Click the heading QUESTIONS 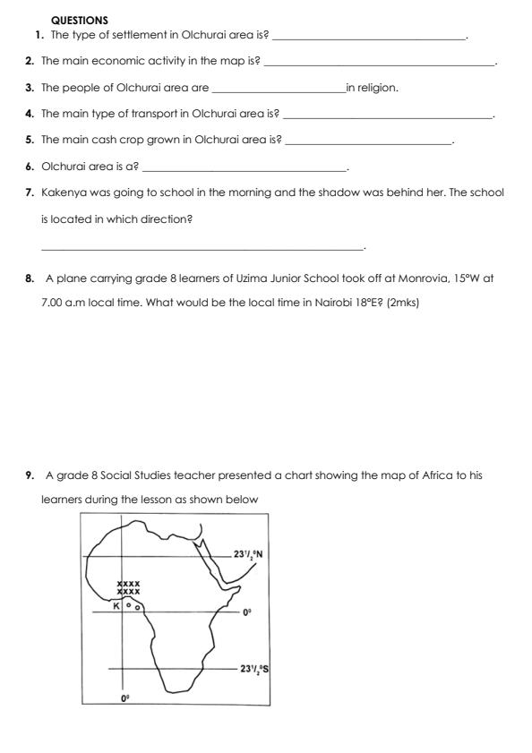(80, 19)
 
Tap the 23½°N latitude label (246, 554)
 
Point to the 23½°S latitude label (250, 668)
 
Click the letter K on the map (116, 606)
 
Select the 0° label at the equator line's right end (247, 612)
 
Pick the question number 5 (30, 141)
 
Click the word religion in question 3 (377, 88)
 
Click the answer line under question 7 (202, 248)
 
